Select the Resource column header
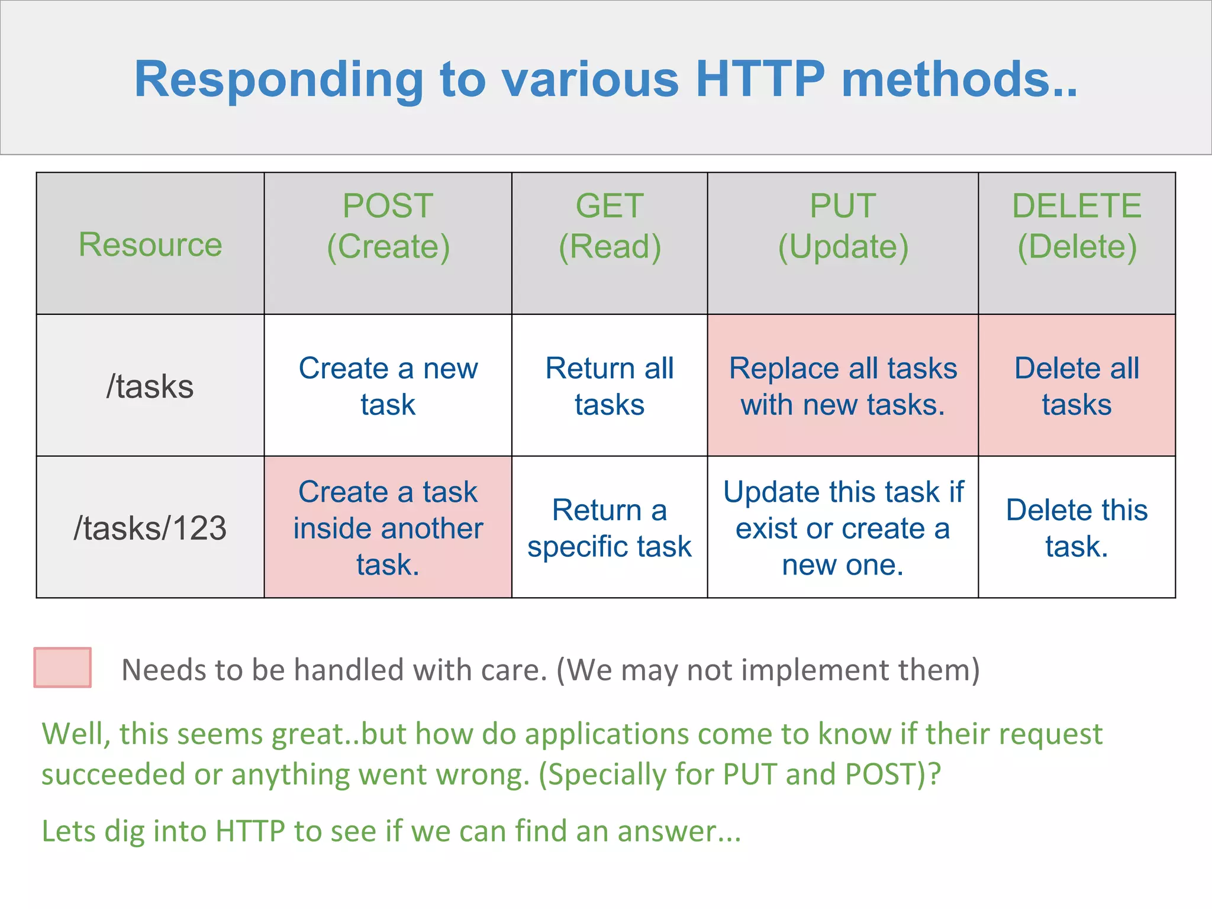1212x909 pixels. (150, 244)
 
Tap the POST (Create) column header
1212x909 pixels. (388, 226)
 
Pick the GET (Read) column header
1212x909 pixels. (610, 226)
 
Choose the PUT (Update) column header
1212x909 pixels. (843, 226)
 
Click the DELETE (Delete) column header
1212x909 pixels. (1076, 226)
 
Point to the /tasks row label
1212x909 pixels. (150, 386)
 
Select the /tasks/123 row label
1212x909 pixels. (150, 528)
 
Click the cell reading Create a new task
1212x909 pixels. (388, 386)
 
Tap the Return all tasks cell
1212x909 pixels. (610, 386)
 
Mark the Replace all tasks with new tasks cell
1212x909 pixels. (843, 386)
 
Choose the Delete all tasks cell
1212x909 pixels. (1076, 386)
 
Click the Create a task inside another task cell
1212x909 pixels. (388, 528)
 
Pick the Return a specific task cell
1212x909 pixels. (610, 528)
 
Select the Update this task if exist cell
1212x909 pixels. (843, 528)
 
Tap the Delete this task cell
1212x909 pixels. (1076, 528)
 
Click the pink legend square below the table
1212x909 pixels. (63, 668)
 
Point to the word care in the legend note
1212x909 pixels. (513, 670)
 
